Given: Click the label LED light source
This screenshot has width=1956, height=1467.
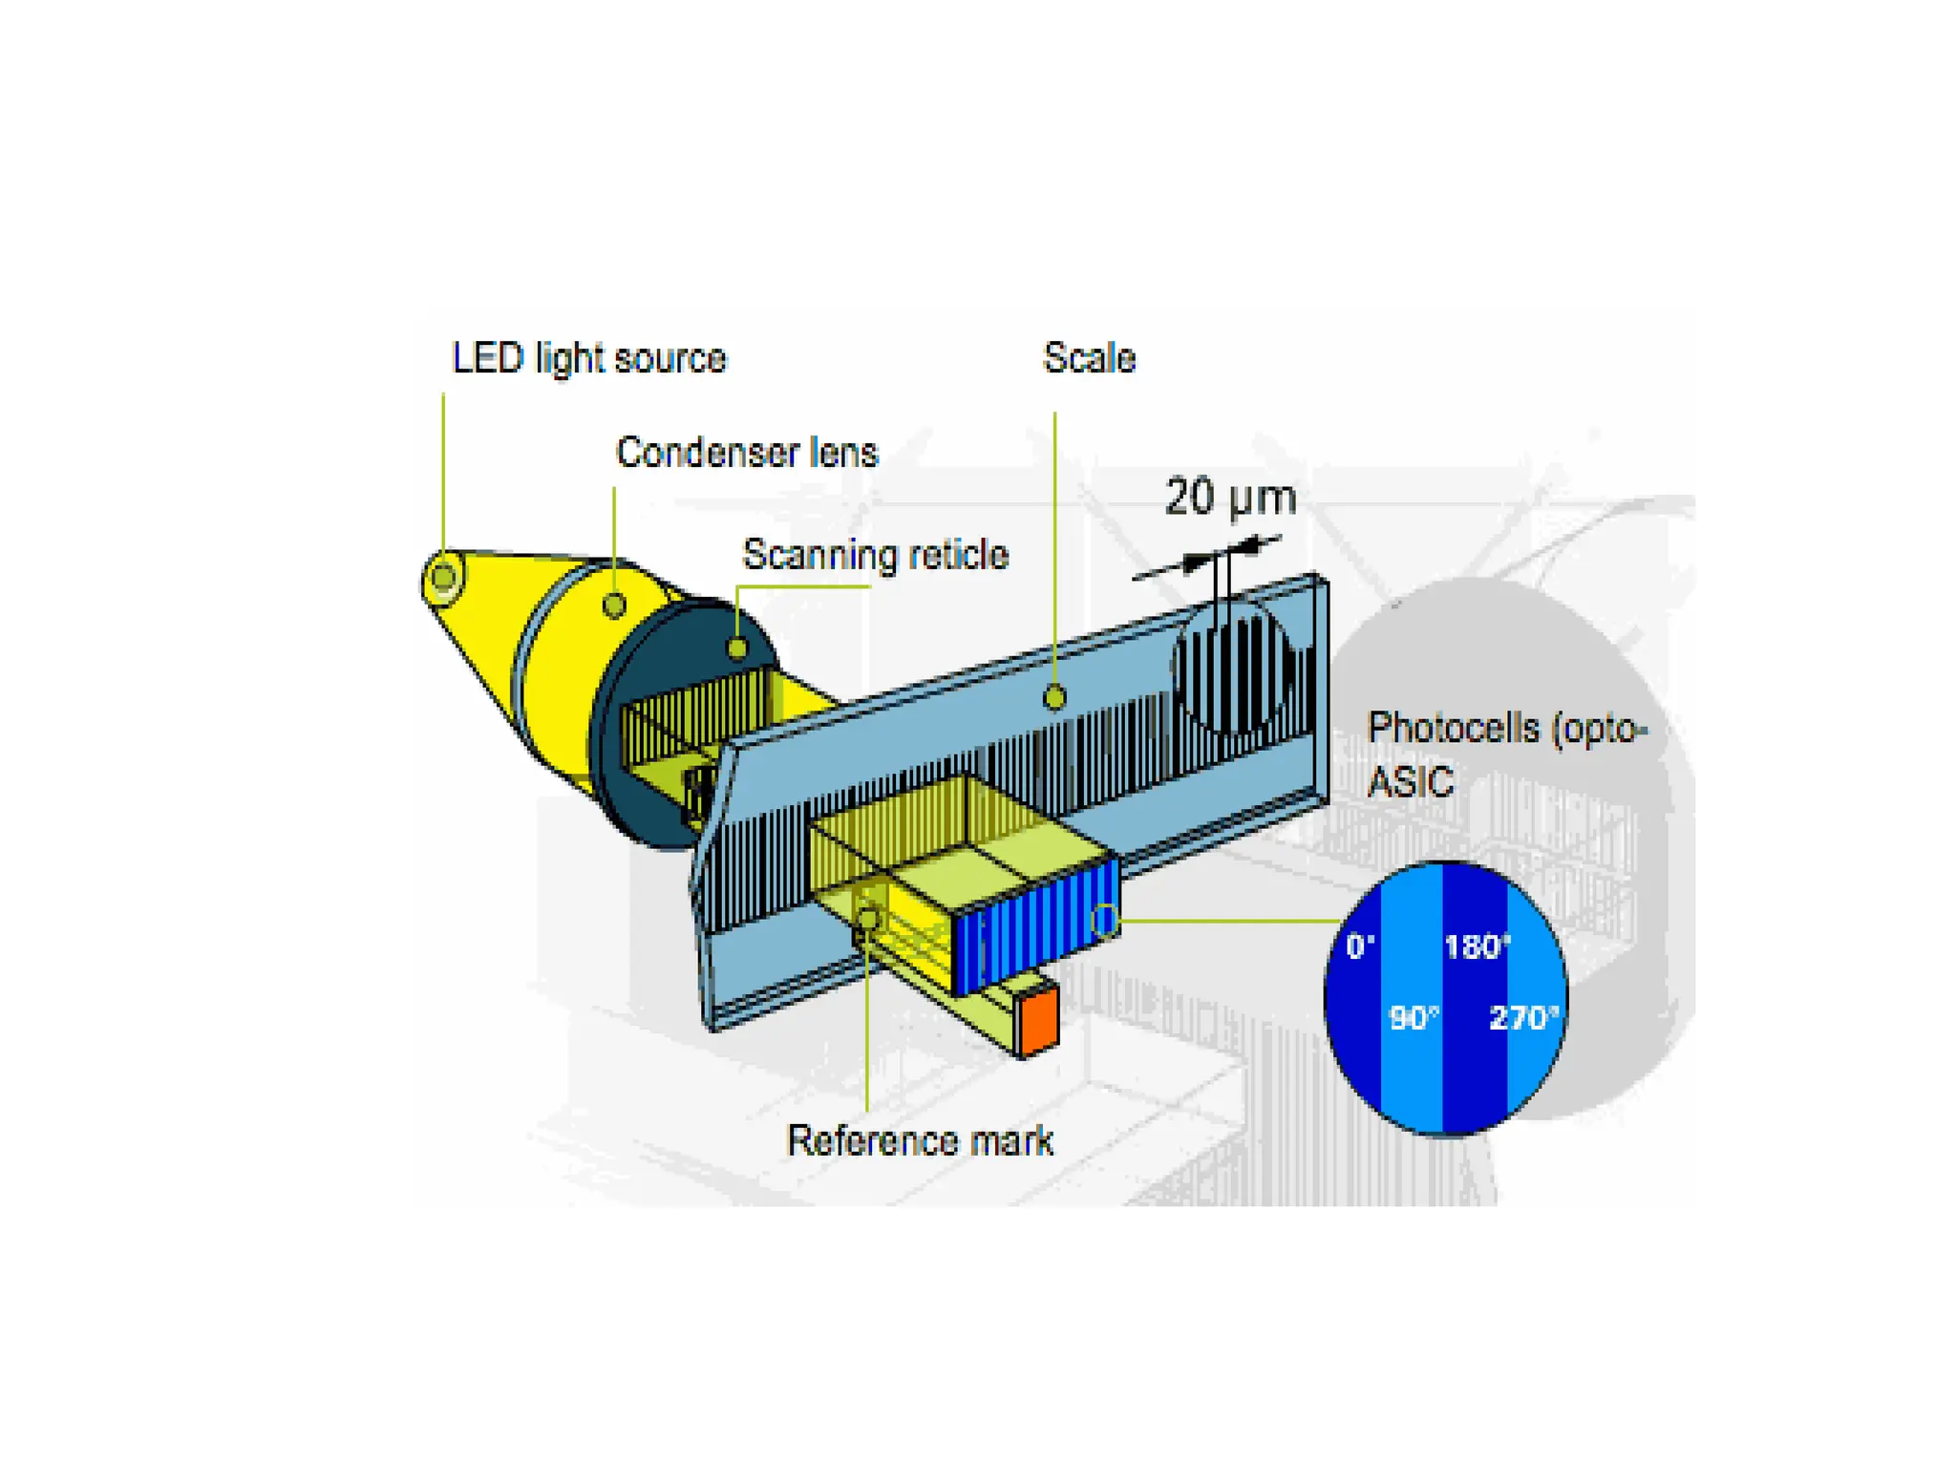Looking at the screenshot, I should click(x=588, y=359).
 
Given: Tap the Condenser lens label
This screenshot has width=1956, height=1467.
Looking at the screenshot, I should click(x=746, y=453).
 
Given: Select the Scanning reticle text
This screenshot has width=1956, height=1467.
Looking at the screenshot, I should click(x=875, y=555).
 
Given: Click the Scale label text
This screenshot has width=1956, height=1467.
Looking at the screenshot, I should click(x=1089, y=358).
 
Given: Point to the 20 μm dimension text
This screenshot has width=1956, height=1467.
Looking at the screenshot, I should click(x=1230, y=498).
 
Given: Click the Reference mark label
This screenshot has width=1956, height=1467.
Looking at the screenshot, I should click(x=919, y=1140).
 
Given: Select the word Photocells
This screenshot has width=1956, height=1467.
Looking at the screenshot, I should click(x=1454, y=728).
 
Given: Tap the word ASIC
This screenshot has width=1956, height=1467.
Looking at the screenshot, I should click(x=1410, y=782).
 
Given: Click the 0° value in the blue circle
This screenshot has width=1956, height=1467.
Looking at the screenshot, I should click(x=1360, y=946).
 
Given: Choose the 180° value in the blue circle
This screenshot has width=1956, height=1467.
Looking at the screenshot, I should click(x=1477, y=946).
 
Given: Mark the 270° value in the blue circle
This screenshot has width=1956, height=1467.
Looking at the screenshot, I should click(x=1523, y=1018).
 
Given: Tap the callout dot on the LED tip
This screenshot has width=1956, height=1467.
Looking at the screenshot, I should click(x=443, y=577).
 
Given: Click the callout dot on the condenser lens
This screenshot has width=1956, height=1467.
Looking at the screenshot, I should click(x=614, y=605).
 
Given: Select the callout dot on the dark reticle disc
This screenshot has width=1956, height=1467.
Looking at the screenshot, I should click(x=737, y=648).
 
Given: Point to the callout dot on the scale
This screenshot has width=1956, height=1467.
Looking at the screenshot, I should click(x=1054, y=698).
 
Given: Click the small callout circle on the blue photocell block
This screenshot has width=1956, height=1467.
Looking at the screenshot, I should click(x=1105, y=920).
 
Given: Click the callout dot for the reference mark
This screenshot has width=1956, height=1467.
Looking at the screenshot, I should click(x=867, y=919).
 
